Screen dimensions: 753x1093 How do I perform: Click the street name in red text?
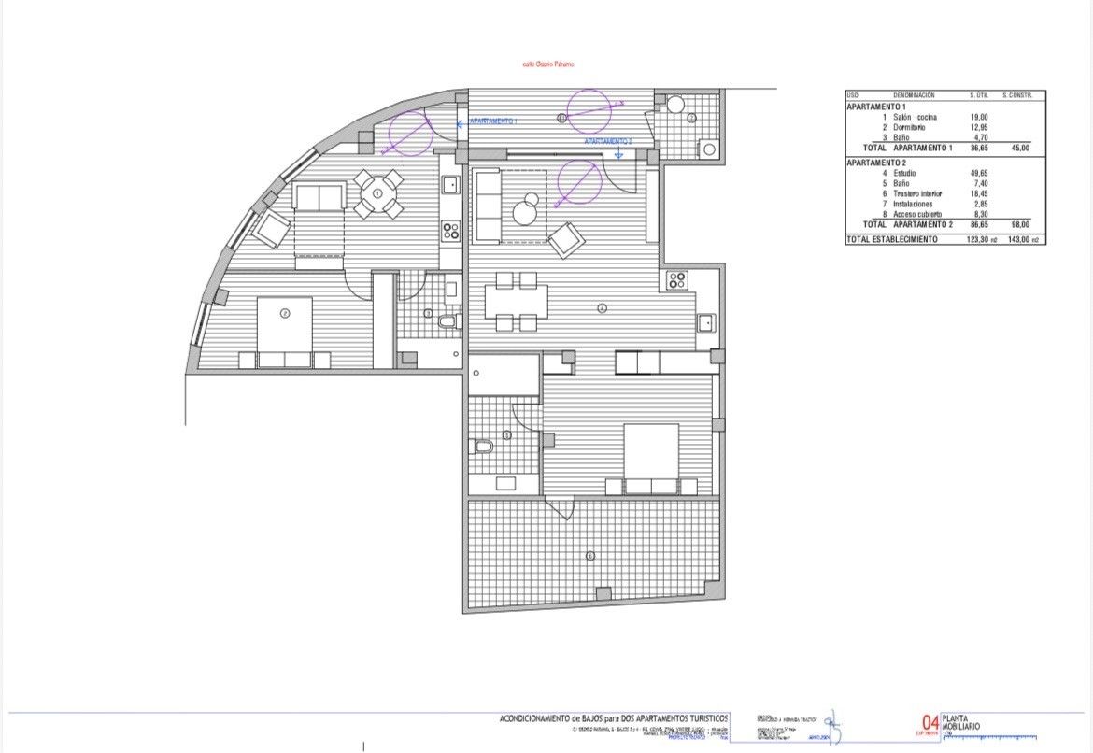tap(547, 64)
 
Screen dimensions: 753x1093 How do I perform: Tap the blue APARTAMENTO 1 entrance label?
tap(492, 121)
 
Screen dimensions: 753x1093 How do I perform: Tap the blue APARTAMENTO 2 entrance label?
tap(608, 141)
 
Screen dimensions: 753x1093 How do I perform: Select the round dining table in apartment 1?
tap(377, 193)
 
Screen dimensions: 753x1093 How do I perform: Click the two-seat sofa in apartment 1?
tap(318, 197)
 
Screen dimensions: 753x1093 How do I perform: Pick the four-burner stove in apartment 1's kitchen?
tap(450, 229)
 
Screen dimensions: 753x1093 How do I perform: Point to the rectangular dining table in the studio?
tap(516, 301)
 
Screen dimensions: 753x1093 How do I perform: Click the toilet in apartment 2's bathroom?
tap(483, 447)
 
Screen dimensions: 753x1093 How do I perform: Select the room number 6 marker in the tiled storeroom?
tap(589, 557)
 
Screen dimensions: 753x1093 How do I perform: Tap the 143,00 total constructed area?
tap(1015, 240)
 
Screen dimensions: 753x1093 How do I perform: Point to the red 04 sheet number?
tap(930, 722)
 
